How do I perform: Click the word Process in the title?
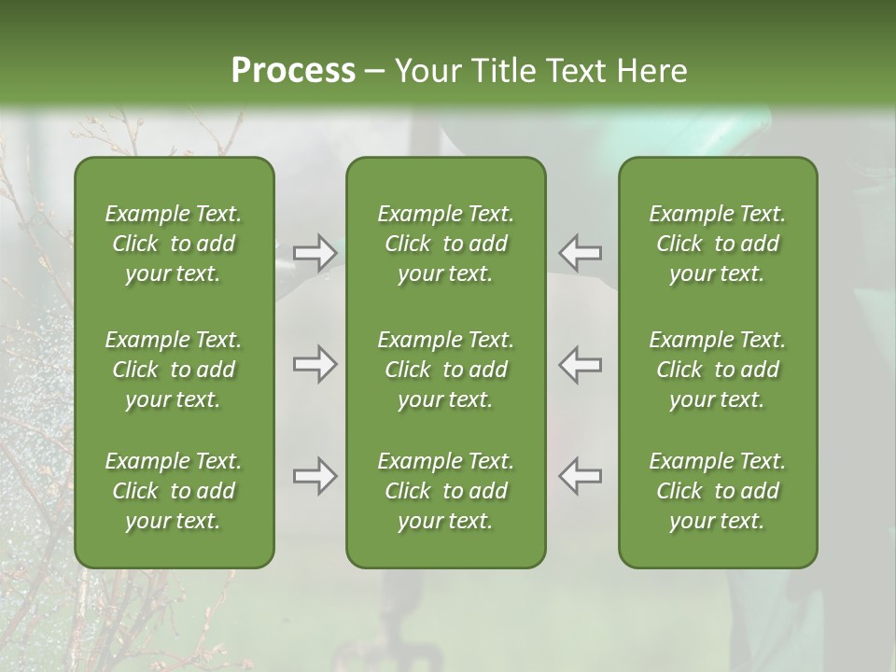tap(293, 71)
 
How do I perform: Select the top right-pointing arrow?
tap(315, 252)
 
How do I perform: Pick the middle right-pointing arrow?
tap(315, 364)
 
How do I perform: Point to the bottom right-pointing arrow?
tap(315, 476)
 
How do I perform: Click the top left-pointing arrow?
tap(580, 252)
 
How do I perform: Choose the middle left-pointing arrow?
tap(580, 364)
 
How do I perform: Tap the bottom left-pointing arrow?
tap(580, 476)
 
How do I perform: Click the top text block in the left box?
tap(174, 244)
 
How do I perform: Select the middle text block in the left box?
tap(174, 370)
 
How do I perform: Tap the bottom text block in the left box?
tap(174, 491)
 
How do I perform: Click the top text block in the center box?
tap(445, 244)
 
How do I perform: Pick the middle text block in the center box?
tap(445, 370)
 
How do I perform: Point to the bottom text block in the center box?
tap(445, 491)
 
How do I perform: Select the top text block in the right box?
tap(717, 244)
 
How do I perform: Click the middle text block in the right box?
tap(717, 370)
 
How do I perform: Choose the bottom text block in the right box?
tap(717, 491)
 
